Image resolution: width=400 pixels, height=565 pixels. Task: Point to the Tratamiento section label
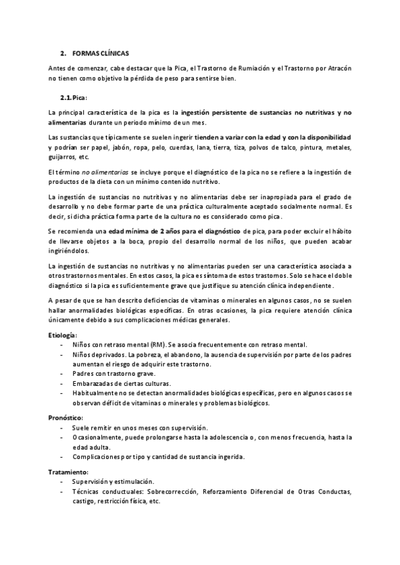[68, 471]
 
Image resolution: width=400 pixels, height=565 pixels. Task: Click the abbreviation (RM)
[157, 344]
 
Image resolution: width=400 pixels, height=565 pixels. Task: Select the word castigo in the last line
[85, 501]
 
